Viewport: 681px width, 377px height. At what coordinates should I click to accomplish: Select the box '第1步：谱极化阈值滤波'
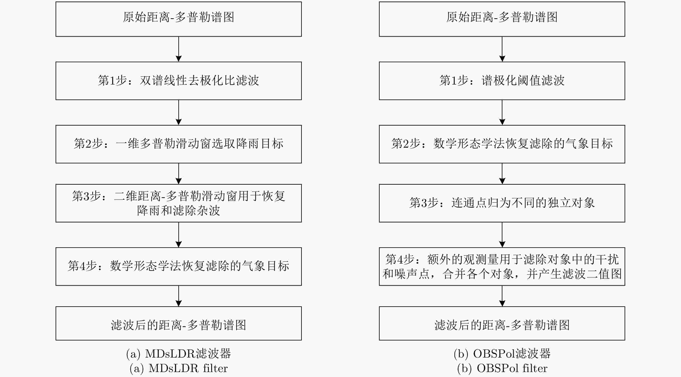click(x=502, y=81)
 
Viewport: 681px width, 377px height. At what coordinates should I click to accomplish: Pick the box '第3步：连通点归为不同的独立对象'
click(x=502, y=203)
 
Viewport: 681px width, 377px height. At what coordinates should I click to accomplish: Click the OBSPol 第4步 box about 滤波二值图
click(x=502, y=267)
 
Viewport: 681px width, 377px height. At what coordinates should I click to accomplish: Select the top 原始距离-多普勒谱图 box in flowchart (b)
click(x=502, y=19)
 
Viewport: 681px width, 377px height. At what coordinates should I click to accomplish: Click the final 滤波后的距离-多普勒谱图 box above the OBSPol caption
click(x=502, y=323)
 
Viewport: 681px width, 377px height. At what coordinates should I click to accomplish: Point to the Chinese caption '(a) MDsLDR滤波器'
click(x=179, y=354)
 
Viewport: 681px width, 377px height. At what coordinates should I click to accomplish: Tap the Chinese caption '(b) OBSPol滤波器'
click(x=502, y=354)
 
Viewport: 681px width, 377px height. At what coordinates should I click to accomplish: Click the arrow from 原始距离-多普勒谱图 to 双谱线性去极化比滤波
click(x=179, y=49)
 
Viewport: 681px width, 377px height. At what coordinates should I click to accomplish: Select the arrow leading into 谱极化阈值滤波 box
click(x=502, y=49)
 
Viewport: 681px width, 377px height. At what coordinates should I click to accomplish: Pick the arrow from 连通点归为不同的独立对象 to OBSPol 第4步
click(x=502, y=235)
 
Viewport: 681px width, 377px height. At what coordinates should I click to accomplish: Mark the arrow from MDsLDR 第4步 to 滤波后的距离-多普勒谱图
click(x=179, y=296)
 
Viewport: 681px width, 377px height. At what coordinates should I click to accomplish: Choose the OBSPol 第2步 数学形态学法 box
click(x=502, y=144)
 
